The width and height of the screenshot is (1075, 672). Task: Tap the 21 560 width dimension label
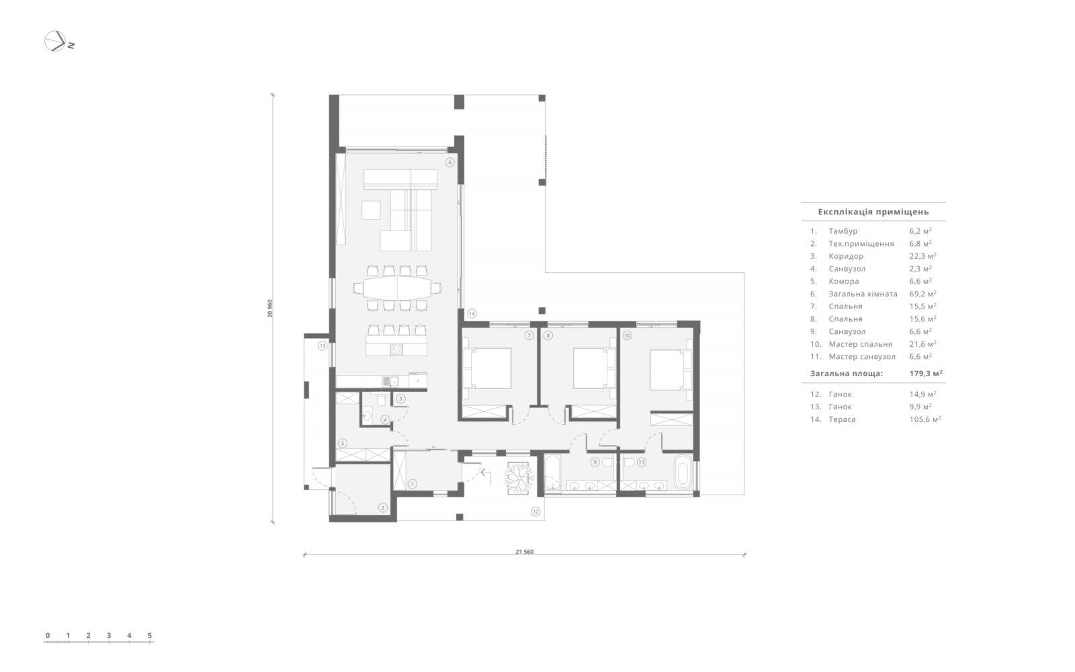tap(525, 552)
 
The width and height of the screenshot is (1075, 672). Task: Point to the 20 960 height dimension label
tap(269, 308)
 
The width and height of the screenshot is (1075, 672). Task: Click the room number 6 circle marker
tap(449, 162)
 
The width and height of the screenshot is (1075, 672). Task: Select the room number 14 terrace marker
tap(472, 313)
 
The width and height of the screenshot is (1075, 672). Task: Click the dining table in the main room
tap(397, 288)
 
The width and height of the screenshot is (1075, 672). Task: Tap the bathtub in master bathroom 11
tap(682, 472)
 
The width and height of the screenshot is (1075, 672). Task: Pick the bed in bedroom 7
tap(491, 368)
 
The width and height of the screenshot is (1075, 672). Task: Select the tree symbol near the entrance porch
tap(518, 478)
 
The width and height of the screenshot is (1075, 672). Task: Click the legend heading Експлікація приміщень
tap(873, 212)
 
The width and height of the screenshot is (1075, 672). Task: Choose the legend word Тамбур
tap(843, 231)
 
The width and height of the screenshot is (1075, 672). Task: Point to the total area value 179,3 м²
tap(926, 373)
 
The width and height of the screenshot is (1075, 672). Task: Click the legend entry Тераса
tap(842, 419)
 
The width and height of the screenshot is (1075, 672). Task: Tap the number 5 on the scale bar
tap(150, 635)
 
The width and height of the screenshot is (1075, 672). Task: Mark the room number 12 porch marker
tap(535, 511)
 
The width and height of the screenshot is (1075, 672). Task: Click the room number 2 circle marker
tap(382, 507)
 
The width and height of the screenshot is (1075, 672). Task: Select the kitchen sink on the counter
tap(387, 382)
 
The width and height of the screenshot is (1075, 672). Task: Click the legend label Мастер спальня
tap(861, 343)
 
